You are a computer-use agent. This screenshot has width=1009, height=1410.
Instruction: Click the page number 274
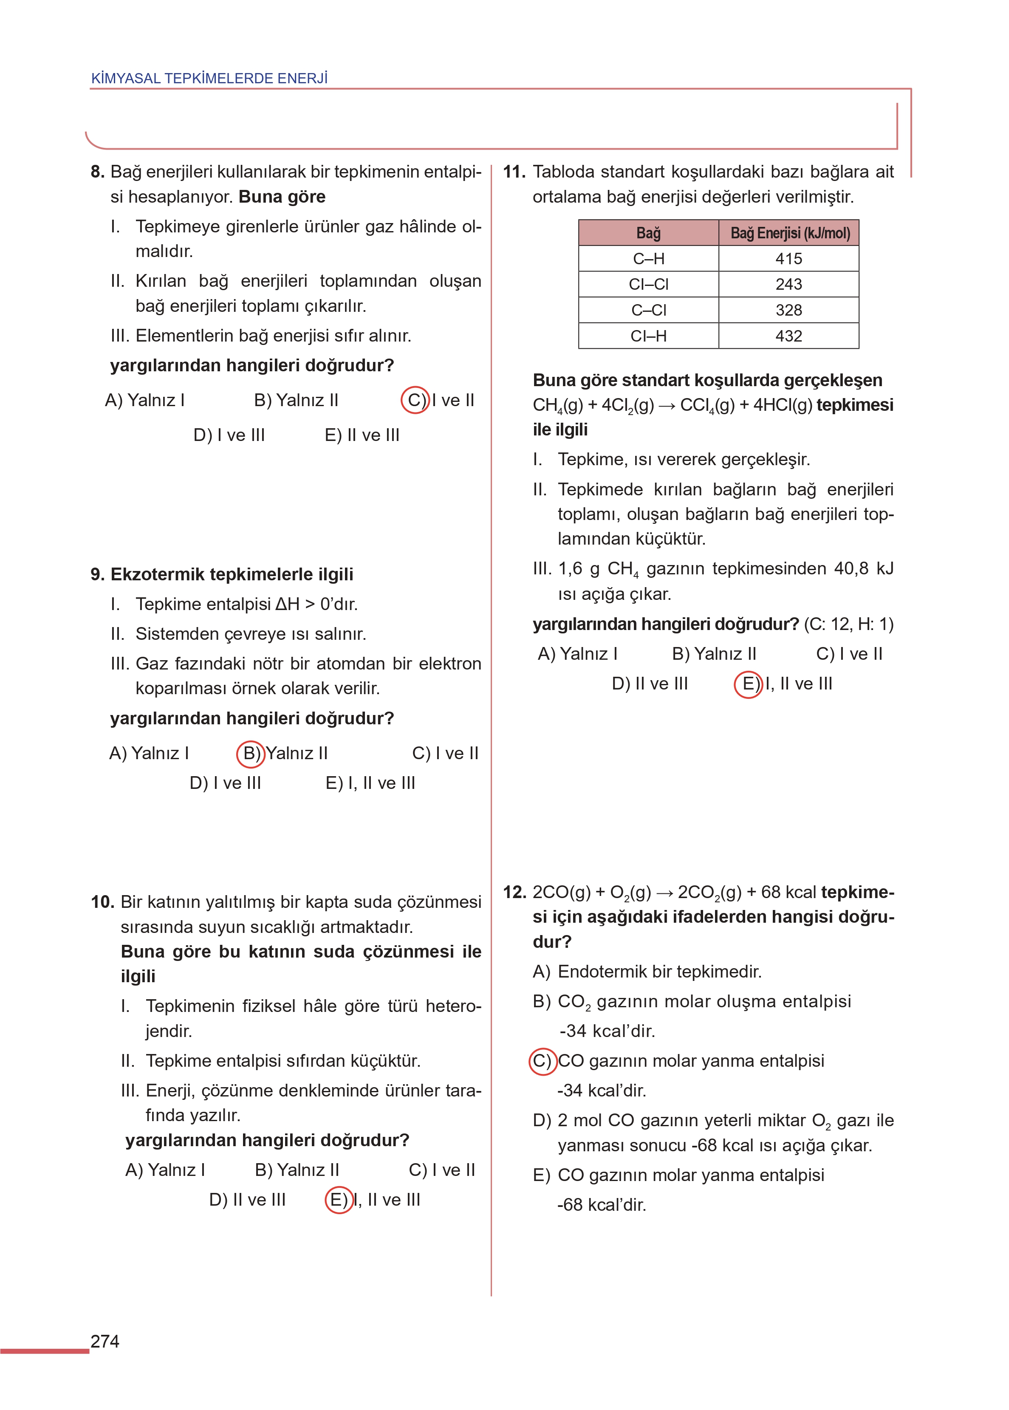[105, 1341]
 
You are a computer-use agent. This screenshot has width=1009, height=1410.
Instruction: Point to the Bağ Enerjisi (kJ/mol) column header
[789, 233]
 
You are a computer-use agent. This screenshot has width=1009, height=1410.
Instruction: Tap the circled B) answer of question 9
[251, 754]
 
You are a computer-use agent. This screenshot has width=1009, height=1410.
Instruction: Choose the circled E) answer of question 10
[339, 1199]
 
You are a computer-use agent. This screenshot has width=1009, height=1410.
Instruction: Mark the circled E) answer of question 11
[748, 684]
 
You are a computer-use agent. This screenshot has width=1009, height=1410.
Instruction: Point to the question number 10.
[102, 902]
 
